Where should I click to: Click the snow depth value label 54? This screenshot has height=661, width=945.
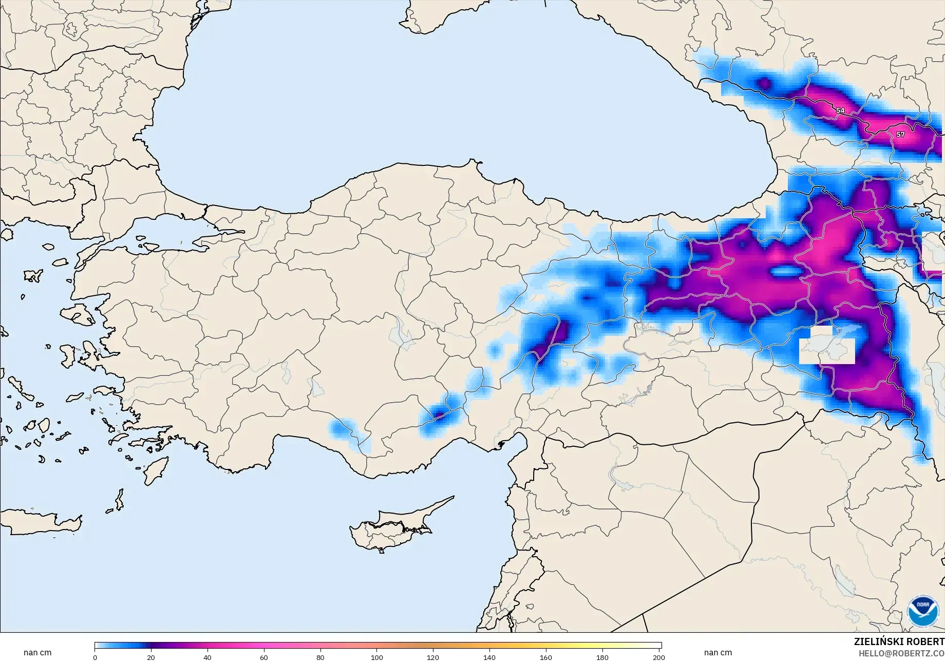coord(840,110)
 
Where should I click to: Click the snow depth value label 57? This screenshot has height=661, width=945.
coord(900,135)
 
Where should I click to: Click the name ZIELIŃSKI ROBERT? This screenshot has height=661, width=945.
coord(899,642)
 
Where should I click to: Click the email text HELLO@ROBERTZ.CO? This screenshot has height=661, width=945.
coord(901,653)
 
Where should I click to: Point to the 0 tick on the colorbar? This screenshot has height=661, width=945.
coord(95,657)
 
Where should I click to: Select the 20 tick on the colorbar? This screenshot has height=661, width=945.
coord(151,657)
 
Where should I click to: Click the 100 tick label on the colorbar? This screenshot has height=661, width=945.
coord(377,657)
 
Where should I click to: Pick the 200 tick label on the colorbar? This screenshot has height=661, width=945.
coord(658,657)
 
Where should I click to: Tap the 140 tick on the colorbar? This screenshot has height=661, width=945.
coord(489,657)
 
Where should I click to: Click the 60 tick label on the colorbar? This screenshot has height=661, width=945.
coord(264,657)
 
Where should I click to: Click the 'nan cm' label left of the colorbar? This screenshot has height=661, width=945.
coord(37,653)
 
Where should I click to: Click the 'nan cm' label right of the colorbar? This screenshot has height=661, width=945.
coord(718,653)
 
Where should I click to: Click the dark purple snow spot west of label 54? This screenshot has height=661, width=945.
coord(764,83)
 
